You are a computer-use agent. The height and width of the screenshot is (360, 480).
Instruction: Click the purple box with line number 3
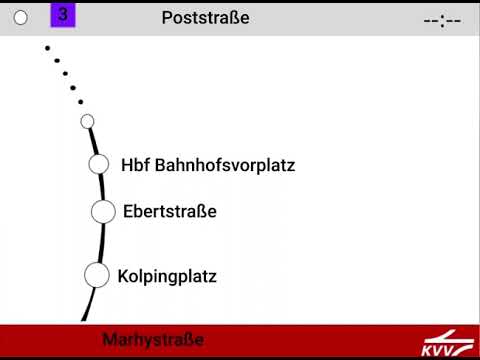(x=63, y=15)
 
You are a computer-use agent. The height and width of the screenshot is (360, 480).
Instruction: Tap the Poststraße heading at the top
(x=205, y=18)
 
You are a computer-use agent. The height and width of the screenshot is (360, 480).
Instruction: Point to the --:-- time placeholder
(x=441, y=20)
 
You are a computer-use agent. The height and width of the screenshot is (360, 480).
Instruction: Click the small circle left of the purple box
(x=21, y=18)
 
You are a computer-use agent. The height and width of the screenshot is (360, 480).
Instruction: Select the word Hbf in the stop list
(x=134, y=165)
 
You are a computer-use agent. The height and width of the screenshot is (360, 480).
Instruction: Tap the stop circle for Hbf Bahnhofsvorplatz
(x=98, y=164)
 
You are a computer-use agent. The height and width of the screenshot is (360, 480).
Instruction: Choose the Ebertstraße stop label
(x=169, y=211)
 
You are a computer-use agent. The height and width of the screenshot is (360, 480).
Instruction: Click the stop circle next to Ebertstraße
(x=103, y=211)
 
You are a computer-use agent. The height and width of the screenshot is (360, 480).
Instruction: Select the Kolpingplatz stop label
(x=167, y=275)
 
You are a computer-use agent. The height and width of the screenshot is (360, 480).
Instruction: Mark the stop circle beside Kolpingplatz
(x=96, y=274)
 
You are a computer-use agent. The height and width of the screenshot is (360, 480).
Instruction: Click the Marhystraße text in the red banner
(x=153, y=340)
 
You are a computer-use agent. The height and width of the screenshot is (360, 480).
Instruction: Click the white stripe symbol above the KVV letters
(x=446, y=336)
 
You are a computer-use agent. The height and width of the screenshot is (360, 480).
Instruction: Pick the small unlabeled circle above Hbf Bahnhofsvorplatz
(x=87, y=121)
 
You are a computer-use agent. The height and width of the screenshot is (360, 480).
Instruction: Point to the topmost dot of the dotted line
(x=47, y=47)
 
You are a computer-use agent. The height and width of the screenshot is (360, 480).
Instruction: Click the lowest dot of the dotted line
(x=80, y=102)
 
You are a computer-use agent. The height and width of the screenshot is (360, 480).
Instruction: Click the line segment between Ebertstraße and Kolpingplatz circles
(x=102, y=243)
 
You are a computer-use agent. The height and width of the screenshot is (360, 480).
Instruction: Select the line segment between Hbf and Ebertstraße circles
(x=102, y=187)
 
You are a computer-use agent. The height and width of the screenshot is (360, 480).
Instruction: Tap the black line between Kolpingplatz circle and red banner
(x=87, y=305)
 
